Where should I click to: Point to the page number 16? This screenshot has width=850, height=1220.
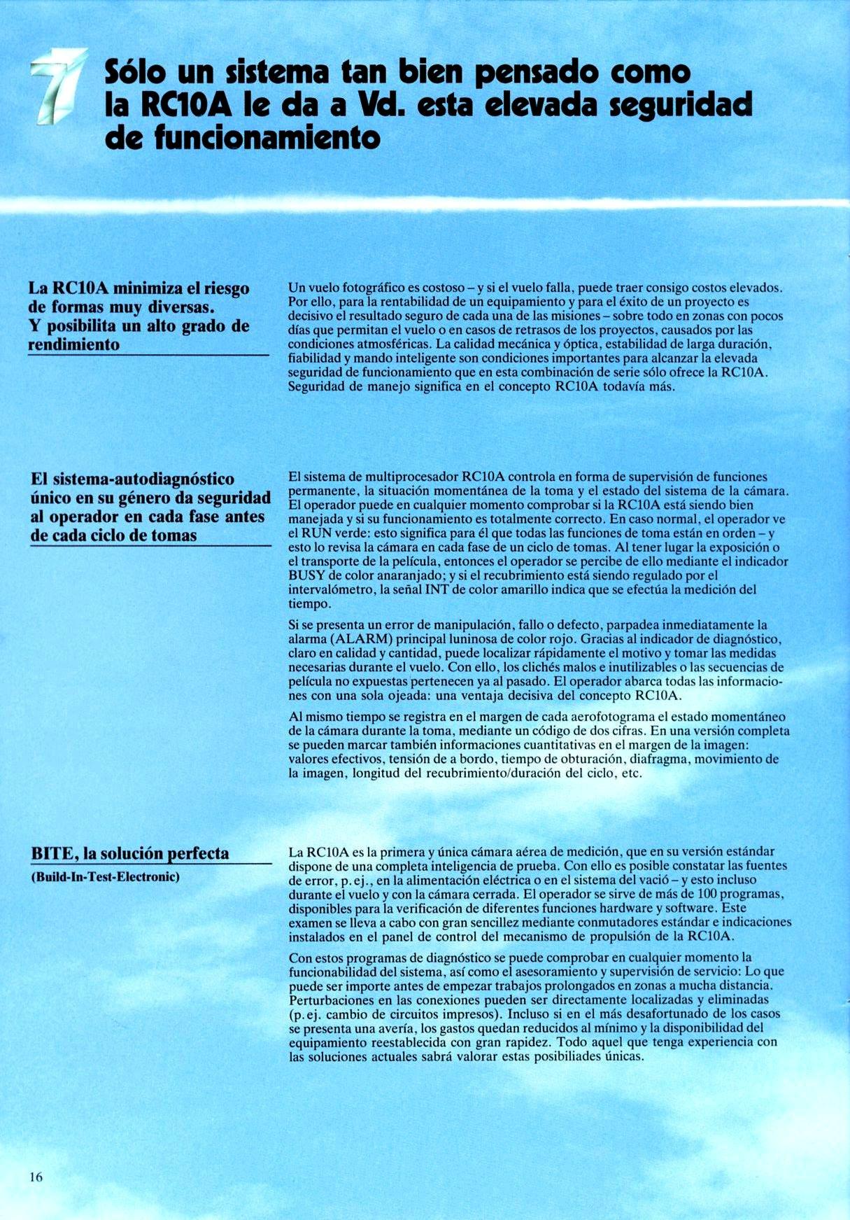tap(36, 1177)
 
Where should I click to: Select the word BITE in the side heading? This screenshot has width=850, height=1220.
tap(53, 854)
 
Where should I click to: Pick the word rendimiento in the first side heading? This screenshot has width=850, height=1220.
tap(73, 344)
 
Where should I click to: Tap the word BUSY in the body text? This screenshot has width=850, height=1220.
tap(305, 576)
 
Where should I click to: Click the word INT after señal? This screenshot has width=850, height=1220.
tap(437, 590)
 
